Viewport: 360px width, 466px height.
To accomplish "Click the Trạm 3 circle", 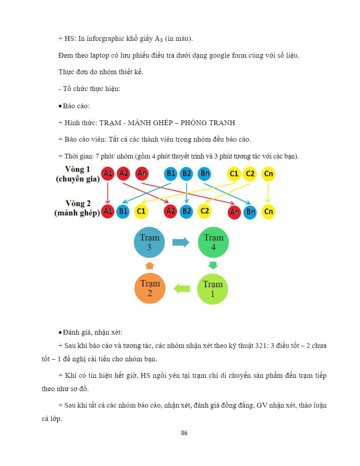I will [x=149, y=242].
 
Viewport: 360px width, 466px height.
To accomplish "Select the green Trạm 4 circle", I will [x=213, y=242].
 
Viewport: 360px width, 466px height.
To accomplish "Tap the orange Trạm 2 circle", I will [x=149, y=288].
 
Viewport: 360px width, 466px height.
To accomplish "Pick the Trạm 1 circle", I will [x=212, y=289].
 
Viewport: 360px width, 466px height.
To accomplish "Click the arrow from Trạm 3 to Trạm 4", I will [x=181, y=242].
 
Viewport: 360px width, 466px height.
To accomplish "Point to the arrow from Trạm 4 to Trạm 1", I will [x=213, y=265].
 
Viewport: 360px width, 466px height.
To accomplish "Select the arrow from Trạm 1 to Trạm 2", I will [x=182, y=289].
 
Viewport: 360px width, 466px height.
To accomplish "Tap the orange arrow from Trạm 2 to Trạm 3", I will [x=150, y=266].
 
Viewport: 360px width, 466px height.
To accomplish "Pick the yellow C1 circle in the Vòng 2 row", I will [x=141, y=211].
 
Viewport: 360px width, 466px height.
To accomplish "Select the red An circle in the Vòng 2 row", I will [x=235, y=212].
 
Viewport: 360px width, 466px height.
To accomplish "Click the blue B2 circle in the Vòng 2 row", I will [x=187, y=211].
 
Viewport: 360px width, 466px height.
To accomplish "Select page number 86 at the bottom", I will [x=184, y=433].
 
